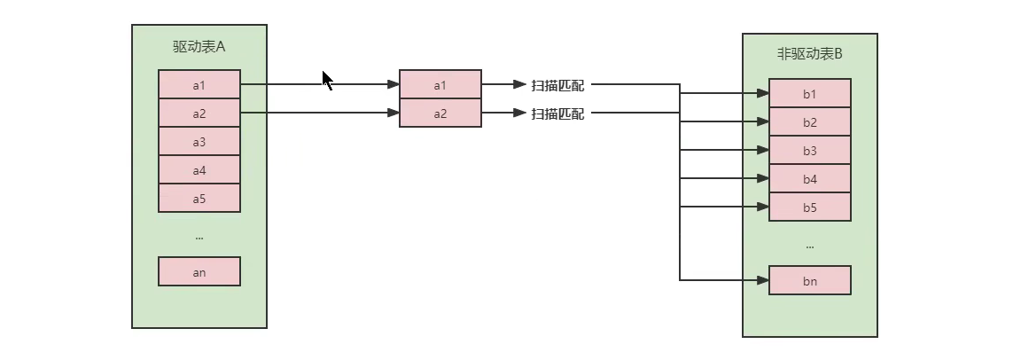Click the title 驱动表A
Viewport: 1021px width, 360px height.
(199, 47)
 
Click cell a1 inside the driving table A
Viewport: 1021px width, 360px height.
(199, 85)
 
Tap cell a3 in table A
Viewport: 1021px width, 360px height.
(199, 142)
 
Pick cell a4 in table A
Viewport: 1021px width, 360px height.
(199, 170)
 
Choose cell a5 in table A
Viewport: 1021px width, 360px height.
(199, 199)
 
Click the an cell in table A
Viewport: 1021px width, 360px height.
(199, 272)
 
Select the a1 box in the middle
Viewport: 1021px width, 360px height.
(440, 85)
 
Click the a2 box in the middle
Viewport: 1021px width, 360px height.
(440, 113)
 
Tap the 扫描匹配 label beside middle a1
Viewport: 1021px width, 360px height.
(557, 85)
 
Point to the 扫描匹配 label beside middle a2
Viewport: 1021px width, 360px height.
(557, 113)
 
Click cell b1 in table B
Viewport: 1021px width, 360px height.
(810, 94)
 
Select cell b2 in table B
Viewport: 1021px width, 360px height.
(810, 122)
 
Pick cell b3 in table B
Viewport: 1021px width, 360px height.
(810, 151)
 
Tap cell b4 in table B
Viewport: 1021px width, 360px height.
(810, 179)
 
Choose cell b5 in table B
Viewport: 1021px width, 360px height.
(810, 207)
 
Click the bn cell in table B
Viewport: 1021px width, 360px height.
(810, 281)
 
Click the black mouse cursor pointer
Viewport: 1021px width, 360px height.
(326, 80)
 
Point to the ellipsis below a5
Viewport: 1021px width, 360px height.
(199, 237)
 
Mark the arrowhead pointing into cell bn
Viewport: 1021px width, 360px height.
(762, 280)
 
